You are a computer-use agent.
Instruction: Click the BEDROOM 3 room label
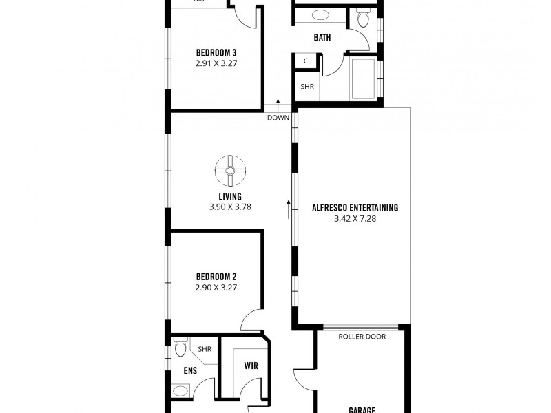pos(216,52)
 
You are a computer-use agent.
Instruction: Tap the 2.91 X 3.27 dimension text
pos(216,62)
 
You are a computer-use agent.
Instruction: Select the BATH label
pos(322,38)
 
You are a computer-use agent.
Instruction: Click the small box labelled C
pos(305,61)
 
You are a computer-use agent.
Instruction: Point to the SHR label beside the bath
pos(307,87)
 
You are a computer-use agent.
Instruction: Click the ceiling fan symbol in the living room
pos(229,171)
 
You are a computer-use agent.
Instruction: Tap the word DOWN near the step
pos(278,117)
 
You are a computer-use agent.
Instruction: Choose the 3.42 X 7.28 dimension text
pos(355,218)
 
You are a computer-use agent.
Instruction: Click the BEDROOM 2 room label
pos(216,277)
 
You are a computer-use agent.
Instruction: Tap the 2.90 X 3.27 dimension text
pos(216,288)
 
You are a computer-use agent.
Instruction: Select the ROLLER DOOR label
pos(362,337)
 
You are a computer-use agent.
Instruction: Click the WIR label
pos(251,366)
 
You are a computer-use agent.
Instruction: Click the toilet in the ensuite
pos(180,348)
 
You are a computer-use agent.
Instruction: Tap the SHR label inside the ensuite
pos(205,349)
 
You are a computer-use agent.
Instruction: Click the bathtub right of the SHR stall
pos(363,78)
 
